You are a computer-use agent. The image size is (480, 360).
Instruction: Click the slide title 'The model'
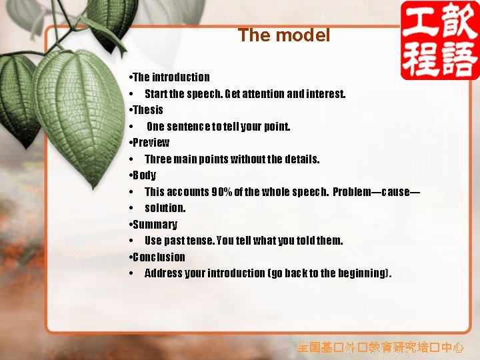tap(284, 35)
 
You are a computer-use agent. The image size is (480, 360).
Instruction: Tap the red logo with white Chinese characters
tap(439, 40)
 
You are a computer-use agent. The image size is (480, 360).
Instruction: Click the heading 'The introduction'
tap(171, 77)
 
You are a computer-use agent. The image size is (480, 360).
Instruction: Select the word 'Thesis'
tap(148, 110)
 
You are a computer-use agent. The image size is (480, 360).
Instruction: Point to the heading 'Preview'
tap(151, 143)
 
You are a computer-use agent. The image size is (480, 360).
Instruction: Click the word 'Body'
tap(145, 175)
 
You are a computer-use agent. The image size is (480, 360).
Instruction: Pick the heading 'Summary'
tap(155, 225)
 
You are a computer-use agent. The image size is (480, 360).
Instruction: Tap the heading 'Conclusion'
tap(159, 257)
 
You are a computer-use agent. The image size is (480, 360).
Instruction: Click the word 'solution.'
tap(165, 208)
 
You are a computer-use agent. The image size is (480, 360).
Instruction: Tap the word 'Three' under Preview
tap(158, 159)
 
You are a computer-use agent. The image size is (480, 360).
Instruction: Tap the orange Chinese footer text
tap(380, 347)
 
